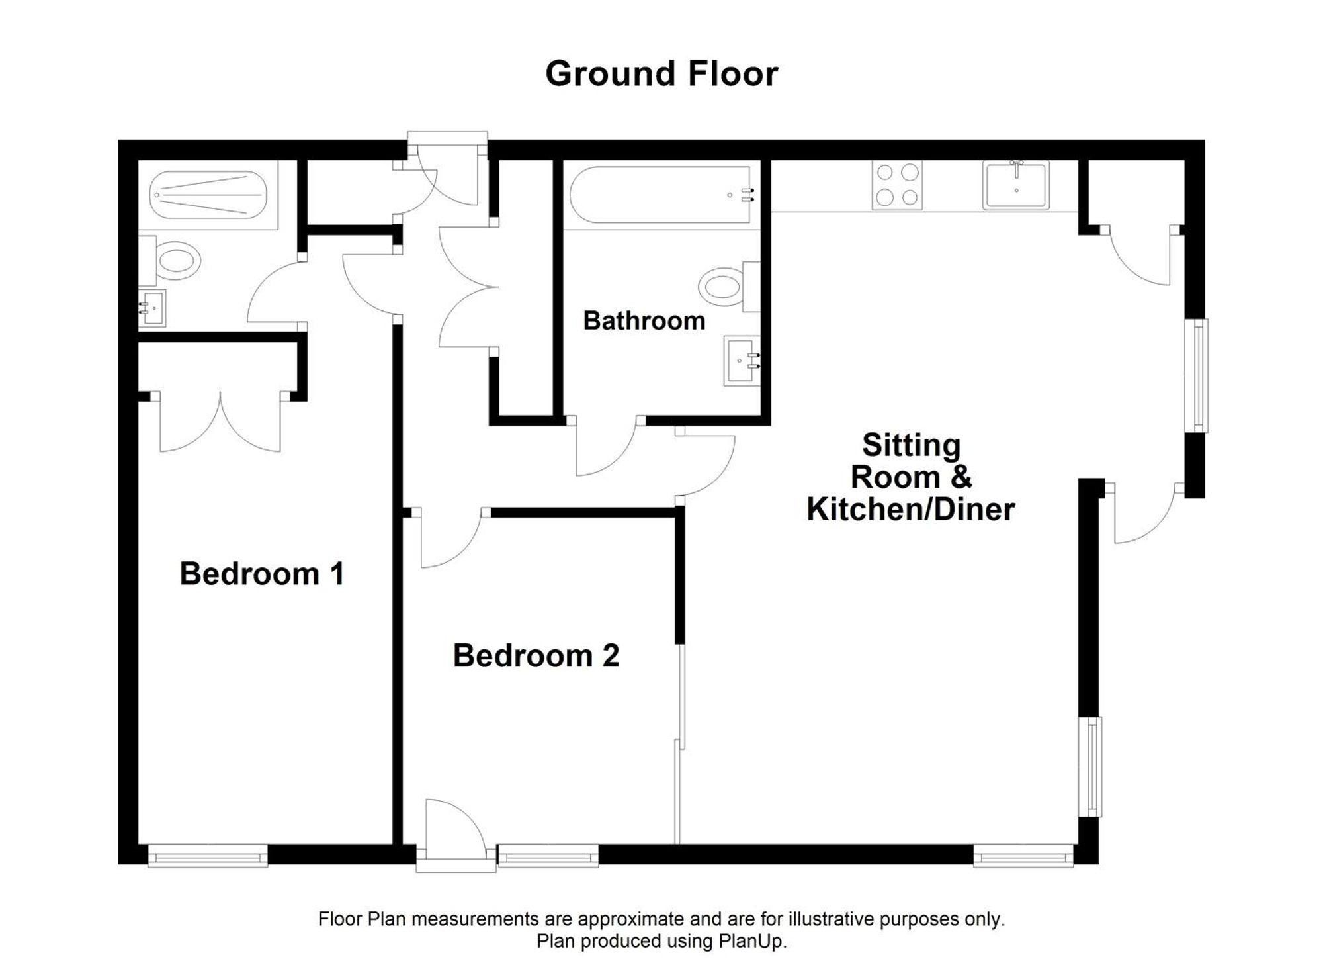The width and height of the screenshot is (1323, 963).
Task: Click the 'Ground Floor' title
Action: point(661,73)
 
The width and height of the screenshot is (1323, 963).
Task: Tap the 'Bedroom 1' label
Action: point(262,573)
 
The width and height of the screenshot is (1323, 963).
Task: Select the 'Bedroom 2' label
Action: point(536,655)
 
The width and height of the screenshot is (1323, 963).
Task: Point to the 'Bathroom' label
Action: point(644,321)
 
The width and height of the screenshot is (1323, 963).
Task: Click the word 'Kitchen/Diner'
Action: point(911,509)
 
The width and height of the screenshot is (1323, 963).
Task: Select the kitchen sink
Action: point(1016,185)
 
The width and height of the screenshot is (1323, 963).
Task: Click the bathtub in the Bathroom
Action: point(661,195)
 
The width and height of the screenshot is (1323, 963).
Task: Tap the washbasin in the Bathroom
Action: point(742,361)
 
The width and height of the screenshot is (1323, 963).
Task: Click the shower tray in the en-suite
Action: point(208,195)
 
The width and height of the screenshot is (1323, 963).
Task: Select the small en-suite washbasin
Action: point(152,308)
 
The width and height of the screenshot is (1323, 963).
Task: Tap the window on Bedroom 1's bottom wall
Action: point(208,856)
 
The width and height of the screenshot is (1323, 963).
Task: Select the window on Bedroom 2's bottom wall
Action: point(548,856)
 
